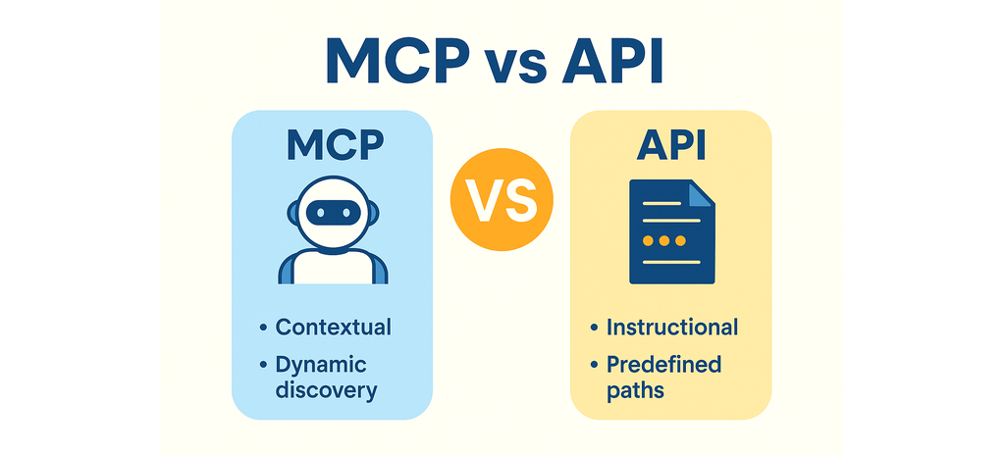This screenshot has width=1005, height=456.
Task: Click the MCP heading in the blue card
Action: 335,145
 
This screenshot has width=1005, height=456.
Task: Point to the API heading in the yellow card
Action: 671,145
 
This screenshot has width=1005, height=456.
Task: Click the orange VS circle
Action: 502,198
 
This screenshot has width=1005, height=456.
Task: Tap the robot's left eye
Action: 321,212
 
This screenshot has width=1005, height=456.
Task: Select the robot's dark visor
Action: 333,212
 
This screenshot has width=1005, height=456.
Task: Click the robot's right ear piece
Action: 373,213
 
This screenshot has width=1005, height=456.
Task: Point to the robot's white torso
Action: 333,267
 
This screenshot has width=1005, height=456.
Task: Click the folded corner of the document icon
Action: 701,193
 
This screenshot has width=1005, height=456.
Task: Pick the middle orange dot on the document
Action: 664,241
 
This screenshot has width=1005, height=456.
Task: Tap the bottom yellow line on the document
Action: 671,262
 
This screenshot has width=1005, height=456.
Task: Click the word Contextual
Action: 334,328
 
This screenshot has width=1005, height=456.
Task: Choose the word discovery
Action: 326,390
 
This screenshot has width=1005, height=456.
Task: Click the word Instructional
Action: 672,328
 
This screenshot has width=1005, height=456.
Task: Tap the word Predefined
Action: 664,365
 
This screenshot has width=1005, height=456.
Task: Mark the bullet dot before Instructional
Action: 594,329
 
